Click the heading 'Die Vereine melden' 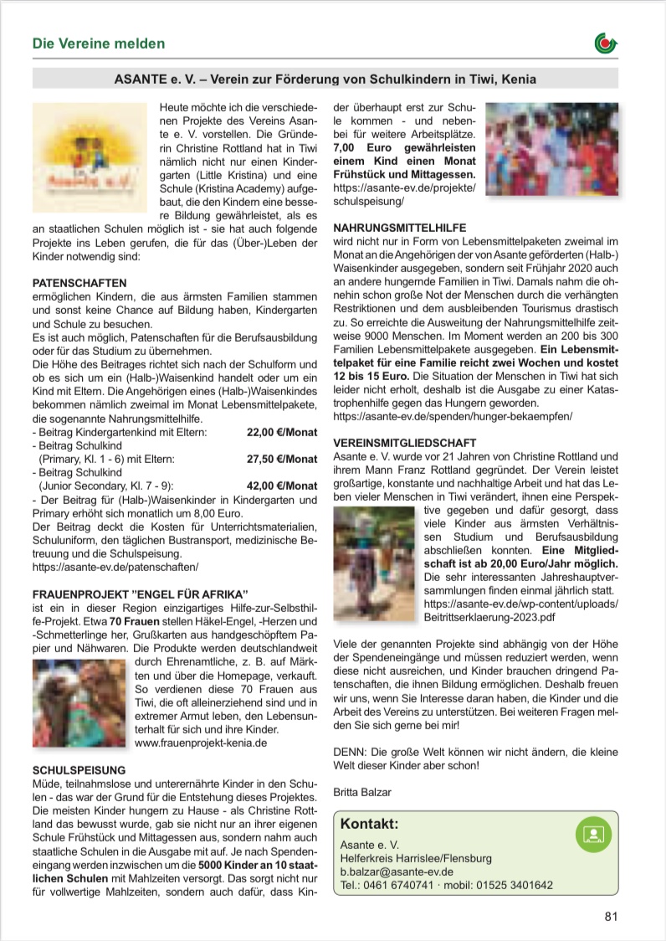(x=99, y=44)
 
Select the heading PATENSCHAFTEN (x=79, y=284)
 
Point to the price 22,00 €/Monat (x=282, y=432)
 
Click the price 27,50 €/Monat (x=282, y=459)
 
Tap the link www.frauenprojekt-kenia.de (x=201, y=742)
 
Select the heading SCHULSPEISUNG (x=79, y=769)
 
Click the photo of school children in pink (x=551, y=154)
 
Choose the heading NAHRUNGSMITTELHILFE (x=400, y=228)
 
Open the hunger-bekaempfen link (x=453, y=415)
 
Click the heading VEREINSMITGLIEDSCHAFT (x=405, y=442)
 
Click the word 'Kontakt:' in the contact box (x=369, y=823)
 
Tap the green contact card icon (x=593, y=834)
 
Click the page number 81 (x=611, y=915)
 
